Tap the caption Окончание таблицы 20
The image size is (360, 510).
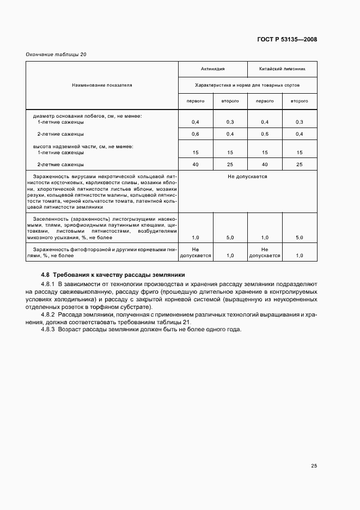click(56, 54)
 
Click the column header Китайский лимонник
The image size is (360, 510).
click(282, 70)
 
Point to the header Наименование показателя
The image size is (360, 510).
click(102, 85)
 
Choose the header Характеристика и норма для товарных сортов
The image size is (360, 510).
click(247, 85)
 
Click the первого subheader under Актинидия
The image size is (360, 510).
click(196, 101)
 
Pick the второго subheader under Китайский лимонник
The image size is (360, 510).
click(299, 101)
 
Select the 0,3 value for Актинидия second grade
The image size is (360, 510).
click(230, 122)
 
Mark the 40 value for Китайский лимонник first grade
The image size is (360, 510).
click(265, 164)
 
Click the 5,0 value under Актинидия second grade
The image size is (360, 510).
click(230, 238)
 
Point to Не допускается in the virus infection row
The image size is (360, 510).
click(247, 177)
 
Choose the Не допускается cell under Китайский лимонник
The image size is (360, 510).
click(265, 252)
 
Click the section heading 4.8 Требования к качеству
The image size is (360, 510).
click(113, 275)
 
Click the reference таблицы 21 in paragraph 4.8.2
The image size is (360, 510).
click(173, 323)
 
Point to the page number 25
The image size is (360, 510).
click(314, 465)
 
